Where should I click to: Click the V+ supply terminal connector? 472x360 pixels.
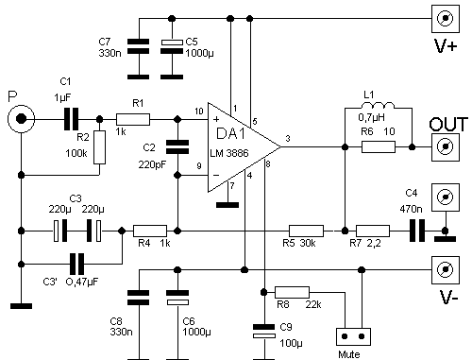[446, 19]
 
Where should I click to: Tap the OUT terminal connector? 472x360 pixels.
[446, 146]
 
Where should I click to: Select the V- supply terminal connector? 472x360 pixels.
[446, 270]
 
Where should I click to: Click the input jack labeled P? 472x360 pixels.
[21, 119]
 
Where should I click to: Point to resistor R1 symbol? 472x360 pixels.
[133, 119]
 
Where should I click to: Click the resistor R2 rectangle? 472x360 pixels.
[99, 147]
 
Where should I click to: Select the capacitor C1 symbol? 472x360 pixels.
[72, 119]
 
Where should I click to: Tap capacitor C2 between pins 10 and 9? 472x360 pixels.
[177, 147]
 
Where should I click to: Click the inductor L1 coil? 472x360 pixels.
[378, 105]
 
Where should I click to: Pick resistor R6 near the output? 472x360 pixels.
[379, 147]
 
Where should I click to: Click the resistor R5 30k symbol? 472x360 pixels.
[306, 231]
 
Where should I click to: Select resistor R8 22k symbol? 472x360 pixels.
[292, 293]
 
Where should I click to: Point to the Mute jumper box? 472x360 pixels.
[353, 336]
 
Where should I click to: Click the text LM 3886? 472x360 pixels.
[229, 153]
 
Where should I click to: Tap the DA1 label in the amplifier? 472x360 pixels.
[230, 134]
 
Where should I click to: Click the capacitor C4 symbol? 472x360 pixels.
[417, 231]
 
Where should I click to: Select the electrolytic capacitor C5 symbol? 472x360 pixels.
[172, 46]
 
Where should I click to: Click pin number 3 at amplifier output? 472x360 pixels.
[288, 139]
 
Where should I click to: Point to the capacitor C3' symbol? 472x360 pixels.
[77, 264]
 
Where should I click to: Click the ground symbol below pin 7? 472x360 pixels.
[228, 205]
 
